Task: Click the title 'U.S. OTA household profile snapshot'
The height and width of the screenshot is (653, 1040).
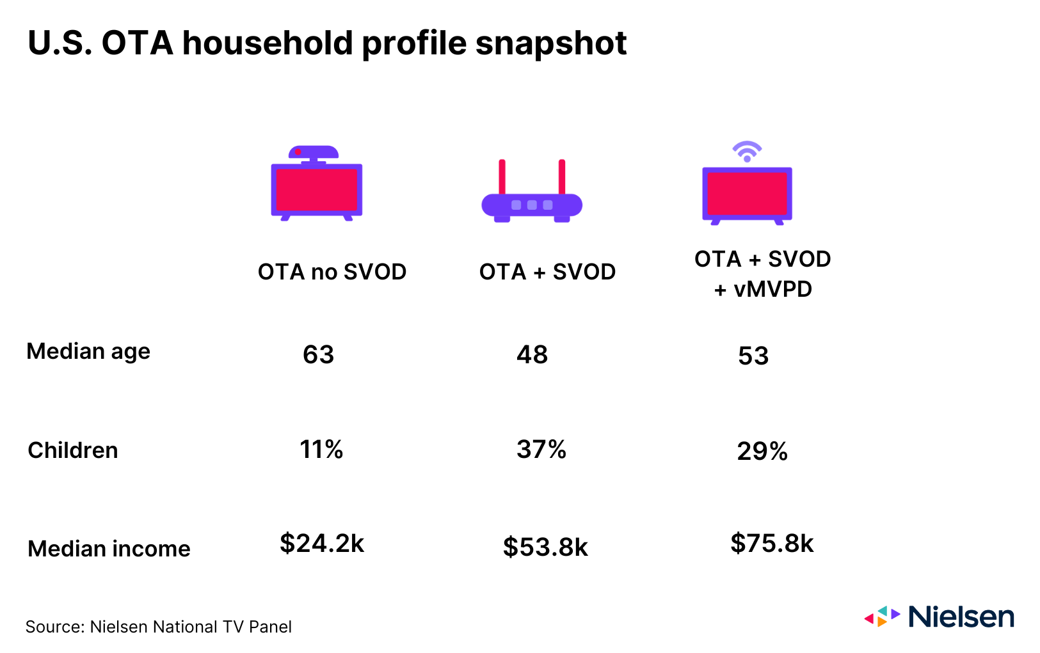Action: tap(327, 43)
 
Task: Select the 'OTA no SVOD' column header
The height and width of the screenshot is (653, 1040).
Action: tap(332, 272)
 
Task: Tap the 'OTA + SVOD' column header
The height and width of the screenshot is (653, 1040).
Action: tap(547, 272)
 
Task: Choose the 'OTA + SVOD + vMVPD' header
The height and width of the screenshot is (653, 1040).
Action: tap(762, 274)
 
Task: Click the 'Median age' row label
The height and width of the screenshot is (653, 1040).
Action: tap(88, 351)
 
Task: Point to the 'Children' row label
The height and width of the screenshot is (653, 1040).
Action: tap(73, 450)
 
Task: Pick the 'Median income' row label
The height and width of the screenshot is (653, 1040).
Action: tap(109, 549)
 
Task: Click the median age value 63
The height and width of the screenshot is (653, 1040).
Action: tap(318, 354)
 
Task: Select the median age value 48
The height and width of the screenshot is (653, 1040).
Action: tap(532, 354)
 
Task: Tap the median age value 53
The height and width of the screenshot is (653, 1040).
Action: tap(753, 356)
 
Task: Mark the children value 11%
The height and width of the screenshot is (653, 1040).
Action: tap(321, 450)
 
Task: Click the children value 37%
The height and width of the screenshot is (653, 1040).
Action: tap(541, 450)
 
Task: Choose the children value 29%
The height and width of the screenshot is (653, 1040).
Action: tap(762, 452)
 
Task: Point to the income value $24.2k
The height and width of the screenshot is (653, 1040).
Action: tap(321, 544)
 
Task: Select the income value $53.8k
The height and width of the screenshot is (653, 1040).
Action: tap(545, 547)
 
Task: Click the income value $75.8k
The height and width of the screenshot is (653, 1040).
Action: tap(771, 544)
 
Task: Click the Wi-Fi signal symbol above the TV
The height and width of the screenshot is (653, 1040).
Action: tap(747, 152)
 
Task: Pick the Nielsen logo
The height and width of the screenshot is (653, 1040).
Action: tap(939, 617)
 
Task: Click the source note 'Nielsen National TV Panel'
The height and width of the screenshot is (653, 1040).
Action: tap(191, 627)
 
